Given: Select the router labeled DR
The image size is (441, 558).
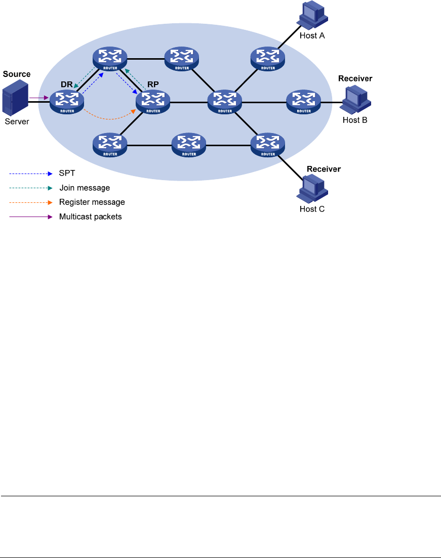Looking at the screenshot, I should click(66, 101).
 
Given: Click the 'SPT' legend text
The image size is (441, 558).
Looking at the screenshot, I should click(67, 174).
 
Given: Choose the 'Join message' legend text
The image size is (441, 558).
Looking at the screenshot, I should click(85, 188).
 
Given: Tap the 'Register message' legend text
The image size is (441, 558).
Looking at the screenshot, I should click(92, 202).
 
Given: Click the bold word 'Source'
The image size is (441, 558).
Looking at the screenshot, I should click(16, 74).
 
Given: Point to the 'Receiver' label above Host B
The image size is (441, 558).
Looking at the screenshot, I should click(355, 78).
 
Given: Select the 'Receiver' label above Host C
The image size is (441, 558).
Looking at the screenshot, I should click(324, 168).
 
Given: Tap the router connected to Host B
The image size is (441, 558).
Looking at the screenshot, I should click(304, 101).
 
